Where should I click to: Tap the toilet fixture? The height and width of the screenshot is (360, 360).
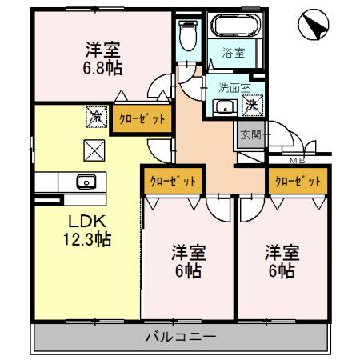tap(189, 33)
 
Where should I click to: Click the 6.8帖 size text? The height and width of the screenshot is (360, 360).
tap(103, 69)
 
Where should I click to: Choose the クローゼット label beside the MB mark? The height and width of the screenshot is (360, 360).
tap(298, 181)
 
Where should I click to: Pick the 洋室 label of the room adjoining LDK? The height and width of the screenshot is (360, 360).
tap(189, 254)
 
